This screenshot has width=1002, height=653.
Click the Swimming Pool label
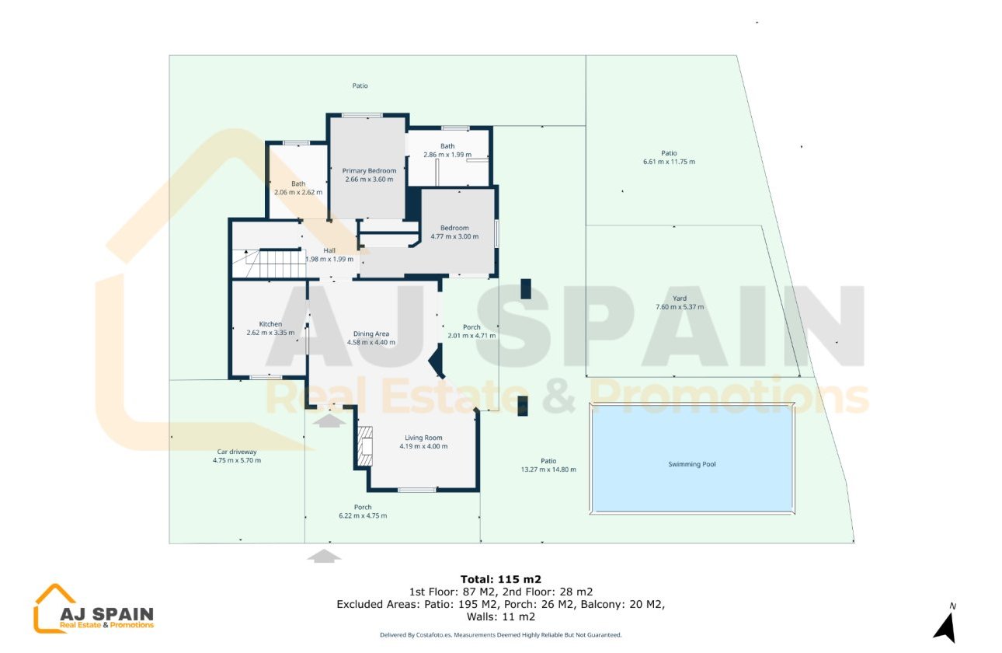tap(691, 464)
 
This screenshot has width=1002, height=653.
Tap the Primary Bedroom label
tap(370, 171)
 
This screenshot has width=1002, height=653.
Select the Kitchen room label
tap(270, 324)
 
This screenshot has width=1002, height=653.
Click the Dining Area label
tap(371, 334)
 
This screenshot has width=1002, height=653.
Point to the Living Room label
tap(423, 438)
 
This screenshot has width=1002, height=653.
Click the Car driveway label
tap(237, 452)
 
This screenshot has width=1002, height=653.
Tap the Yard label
tap(680, 299)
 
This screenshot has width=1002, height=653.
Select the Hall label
tap(329, 250)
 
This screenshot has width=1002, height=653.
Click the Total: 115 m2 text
tap(500, 579)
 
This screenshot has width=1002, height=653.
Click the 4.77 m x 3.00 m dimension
tap(454, 236)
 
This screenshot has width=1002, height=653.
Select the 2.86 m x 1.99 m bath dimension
tap(447, 155)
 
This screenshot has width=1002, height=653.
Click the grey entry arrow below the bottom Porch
tap(325, 555)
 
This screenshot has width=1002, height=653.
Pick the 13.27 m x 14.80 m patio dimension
tap(548, 470)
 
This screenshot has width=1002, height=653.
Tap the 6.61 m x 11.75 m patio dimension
tap(669, 162)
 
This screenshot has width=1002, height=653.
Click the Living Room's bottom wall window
tap(417, 490)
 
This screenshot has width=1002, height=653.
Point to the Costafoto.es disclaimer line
tap(500, 635)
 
